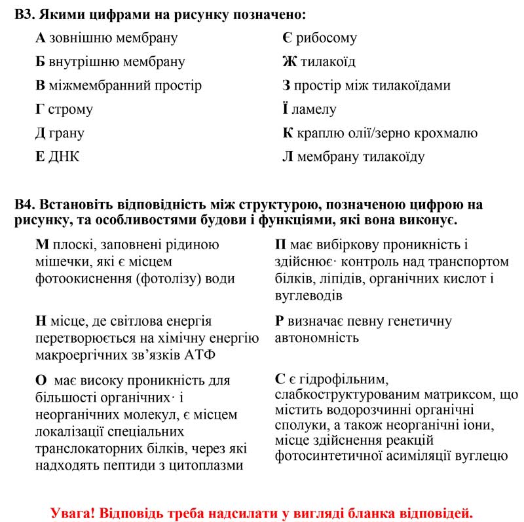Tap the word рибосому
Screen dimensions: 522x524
[x=326, y=38]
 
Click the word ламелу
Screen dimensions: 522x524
[x=314, y=109]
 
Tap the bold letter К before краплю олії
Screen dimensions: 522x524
[x=287, y=133]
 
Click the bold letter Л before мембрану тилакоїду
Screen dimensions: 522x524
[x=288, y=157]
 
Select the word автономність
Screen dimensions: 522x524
[x=317, y=338]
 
